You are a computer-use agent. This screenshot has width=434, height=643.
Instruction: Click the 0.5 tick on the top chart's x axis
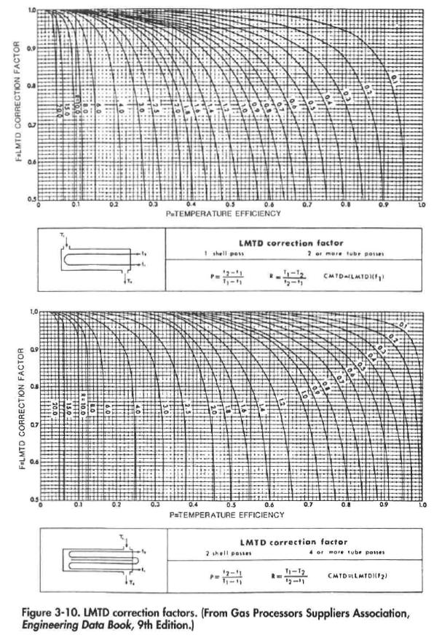click(229, 206)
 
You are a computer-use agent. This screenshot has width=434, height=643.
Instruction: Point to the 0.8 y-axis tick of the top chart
click(32, 86)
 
